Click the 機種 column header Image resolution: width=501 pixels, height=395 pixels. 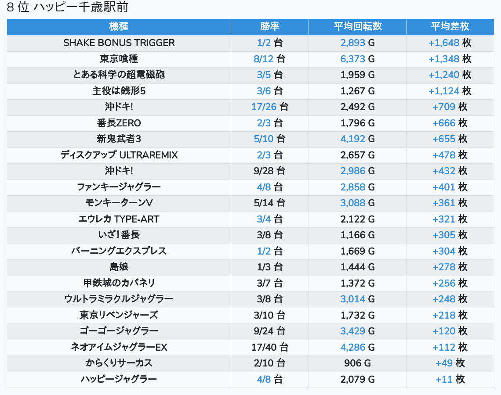[119, 26]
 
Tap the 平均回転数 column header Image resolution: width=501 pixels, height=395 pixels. [357, 26]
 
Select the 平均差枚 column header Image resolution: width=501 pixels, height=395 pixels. [450, 26]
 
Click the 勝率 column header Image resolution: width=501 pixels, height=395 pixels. [269, 26]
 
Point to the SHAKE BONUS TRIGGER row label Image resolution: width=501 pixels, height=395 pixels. [119, 43]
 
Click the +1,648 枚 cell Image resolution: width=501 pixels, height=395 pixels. [450, 43]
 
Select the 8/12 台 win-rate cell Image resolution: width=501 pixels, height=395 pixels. [269, 59]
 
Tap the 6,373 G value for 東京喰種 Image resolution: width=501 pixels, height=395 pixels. [357, 59]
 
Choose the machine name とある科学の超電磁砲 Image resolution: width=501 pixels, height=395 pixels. [119, 75]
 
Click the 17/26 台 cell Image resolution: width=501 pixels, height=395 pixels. [269, 107]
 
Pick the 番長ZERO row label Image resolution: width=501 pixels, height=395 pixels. [119, 123]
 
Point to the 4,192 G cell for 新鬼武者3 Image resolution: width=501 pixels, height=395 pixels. [357, 139]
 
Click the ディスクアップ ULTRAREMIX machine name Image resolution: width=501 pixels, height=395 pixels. [119, 155]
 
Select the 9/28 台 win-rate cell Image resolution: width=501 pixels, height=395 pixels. [269, 171]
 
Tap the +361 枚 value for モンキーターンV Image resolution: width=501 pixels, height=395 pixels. [450, 203]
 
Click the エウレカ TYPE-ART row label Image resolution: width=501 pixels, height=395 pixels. [119, 219]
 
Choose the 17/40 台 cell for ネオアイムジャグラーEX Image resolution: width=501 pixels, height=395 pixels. [269, 347]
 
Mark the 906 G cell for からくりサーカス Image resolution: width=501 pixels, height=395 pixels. [357, 363]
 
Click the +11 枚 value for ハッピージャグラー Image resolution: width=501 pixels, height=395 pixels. [450, 379]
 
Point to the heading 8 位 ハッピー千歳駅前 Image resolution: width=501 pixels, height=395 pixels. [68, 7]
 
